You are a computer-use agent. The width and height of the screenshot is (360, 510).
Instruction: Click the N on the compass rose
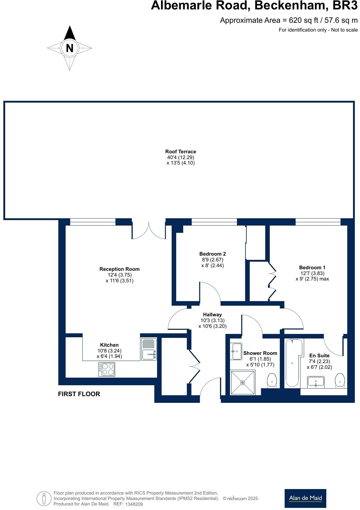point(70,48)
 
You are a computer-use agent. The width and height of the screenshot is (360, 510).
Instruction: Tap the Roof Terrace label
point(180,151)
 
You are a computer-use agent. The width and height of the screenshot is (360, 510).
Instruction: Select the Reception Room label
point(119,269)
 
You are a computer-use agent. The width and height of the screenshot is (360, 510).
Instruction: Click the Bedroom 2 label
point(212,254)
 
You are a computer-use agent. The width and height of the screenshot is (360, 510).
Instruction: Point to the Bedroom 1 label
point(312,267)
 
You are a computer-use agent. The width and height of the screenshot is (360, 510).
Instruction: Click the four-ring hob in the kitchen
point(107,369)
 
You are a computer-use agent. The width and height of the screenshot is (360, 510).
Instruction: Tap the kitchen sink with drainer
point(149,349)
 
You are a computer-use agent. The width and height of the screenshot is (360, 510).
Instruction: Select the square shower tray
point(242,382)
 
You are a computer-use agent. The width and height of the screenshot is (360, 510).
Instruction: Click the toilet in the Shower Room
point(272,381)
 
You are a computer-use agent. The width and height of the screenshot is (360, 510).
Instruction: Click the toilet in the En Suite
point(340,381)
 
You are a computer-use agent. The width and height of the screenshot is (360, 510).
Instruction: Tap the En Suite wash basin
point(316,382)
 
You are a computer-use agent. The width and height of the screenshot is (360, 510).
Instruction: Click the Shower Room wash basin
point(236,351)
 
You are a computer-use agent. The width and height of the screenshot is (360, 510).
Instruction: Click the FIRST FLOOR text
point(79,394)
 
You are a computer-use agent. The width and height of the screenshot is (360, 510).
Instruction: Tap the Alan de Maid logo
point(305,498)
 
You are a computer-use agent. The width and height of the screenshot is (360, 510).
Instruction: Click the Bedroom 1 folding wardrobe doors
point(272,280)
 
